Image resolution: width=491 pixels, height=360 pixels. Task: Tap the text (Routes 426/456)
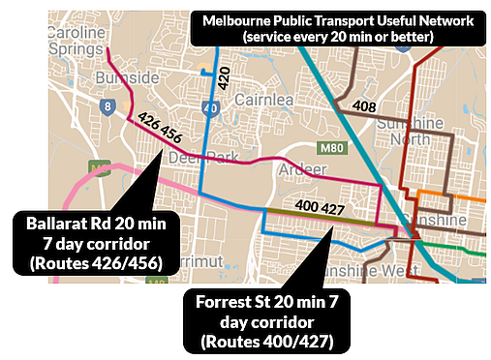point(97,262)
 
